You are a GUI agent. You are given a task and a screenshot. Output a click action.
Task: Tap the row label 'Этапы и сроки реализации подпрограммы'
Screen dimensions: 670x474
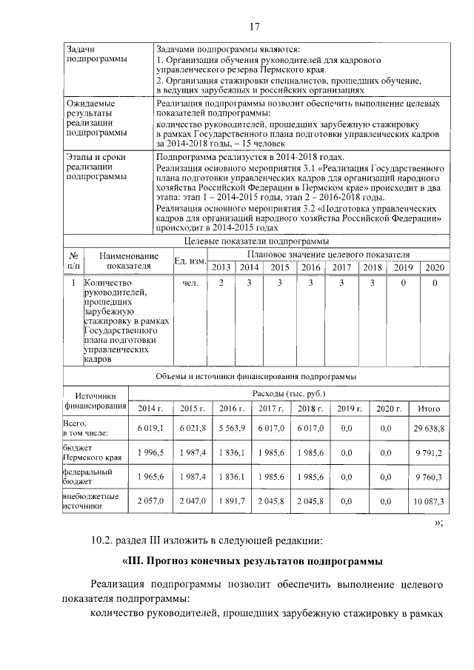click(x=96, y=167)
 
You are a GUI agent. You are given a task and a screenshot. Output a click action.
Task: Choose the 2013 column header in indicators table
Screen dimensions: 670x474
click(x=221, y=267)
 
